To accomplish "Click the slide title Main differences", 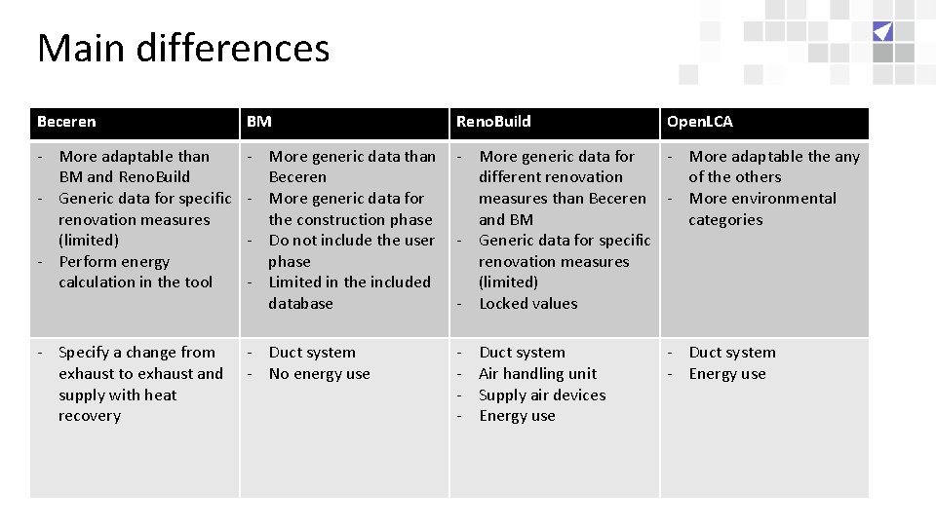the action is (x=183, y=48).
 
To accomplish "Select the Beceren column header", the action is (x=66, y=122).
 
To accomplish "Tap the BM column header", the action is (x=259, y=122).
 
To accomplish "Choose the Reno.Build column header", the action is (x=493, y=122).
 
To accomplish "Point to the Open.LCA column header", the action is (x=699, y=122).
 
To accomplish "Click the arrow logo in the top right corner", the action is (x=882, y=31).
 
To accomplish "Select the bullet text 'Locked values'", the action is (x=527, y=304).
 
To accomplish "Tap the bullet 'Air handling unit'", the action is (x=537, y=374).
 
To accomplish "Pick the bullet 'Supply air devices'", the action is (x=542, y=395).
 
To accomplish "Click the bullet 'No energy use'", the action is (x=319, y=374).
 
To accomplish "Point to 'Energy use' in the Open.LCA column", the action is (x=726, y=374).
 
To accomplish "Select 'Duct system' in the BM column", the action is (x=312, y=353).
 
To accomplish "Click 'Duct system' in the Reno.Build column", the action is (x=522, y=353).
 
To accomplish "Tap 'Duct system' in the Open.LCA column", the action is (x=731, y=353).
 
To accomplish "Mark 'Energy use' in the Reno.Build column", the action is (x=517, y=416).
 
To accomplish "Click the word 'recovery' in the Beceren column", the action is (x=90, y=416).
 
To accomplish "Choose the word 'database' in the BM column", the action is (x=300, y=304).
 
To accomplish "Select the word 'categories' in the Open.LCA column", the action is (x=725, y=220).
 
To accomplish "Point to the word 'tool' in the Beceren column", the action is (x=198, y=282).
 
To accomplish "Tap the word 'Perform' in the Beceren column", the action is (x=87, y=262).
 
